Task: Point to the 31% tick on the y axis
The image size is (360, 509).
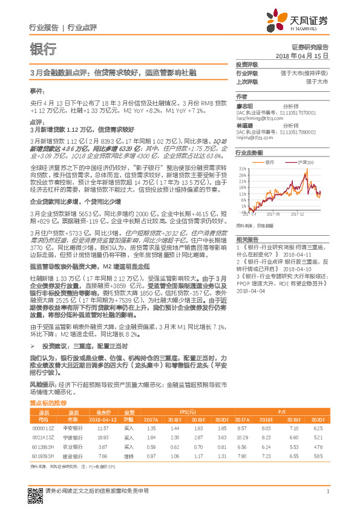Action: click(242, 169)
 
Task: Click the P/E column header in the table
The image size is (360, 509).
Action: click(281, 410)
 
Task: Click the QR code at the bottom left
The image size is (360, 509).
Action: click(36, 491)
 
